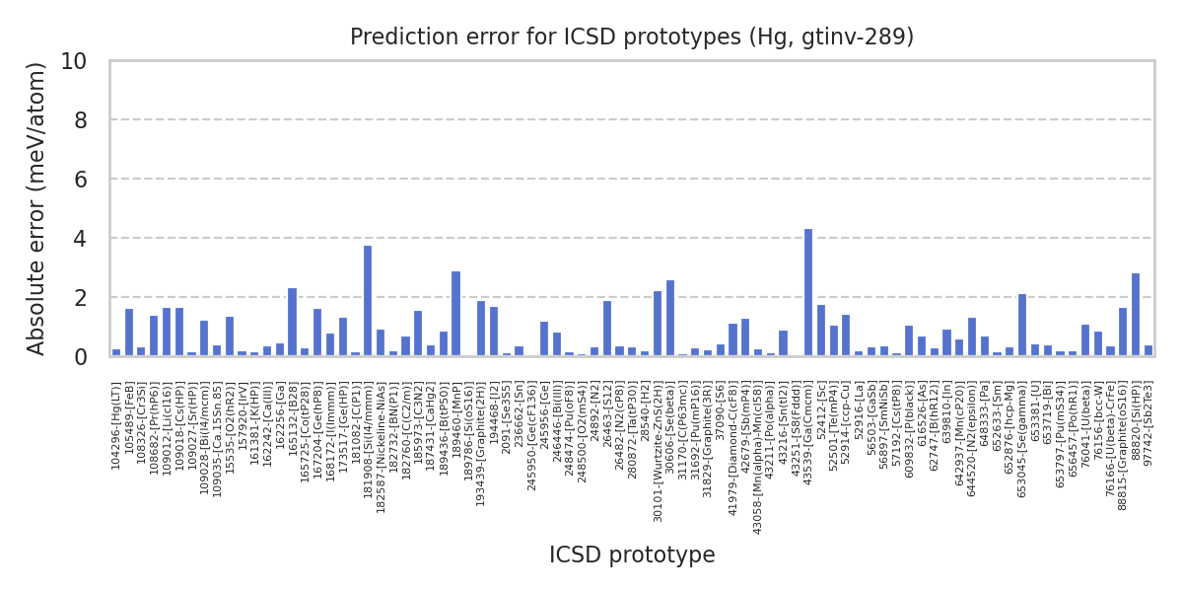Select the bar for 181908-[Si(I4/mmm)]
pos(368,301)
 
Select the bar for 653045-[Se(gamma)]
pos(1022,325)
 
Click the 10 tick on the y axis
pos(87,61)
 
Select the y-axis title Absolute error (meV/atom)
pos(37,208)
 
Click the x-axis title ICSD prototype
pos(632,555)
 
